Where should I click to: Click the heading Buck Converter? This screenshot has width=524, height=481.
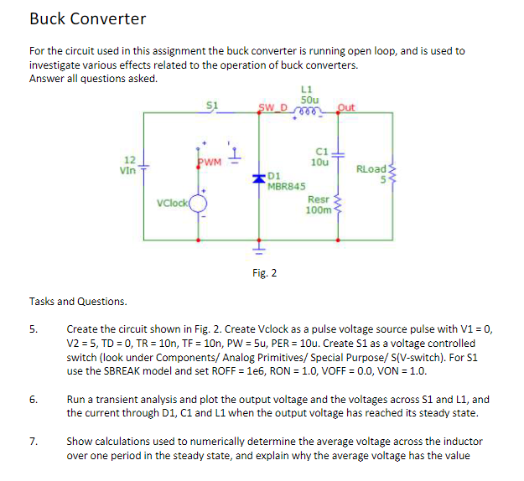tap(87, 18)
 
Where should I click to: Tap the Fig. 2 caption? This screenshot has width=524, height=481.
tap(264, 272)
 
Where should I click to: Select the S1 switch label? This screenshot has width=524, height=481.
tap(212, 105)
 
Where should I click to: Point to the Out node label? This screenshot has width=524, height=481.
tap(346, 107)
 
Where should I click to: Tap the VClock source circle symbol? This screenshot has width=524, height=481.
tap(199, 202)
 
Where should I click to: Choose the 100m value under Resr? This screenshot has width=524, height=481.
tap(318, 209)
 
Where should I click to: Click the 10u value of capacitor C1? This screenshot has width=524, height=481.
tap(319, 161)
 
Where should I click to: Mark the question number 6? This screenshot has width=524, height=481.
tap(34, 400)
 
